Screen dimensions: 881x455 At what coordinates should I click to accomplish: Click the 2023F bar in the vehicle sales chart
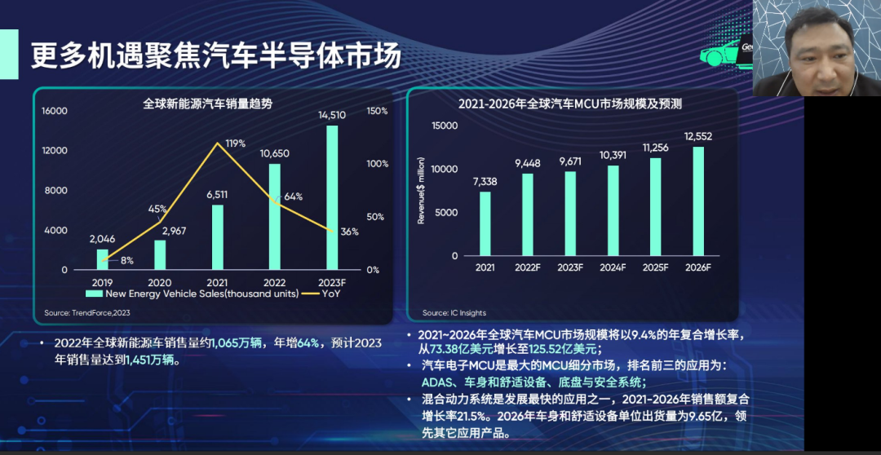point(332,197)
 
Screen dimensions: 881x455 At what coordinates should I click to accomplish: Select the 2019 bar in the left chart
point(102,259)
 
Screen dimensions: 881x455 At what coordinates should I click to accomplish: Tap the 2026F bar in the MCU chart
point(697,201)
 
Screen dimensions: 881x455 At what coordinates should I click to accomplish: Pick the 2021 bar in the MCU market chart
point(485,223)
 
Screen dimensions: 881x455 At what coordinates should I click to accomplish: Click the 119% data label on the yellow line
point(236,144)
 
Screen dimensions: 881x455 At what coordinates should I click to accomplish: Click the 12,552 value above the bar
point(698,136)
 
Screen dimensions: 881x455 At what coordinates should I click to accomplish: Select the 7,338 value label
point(485,182)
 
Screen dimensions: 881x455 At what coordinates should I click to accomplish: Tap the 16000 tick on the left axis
point(55,111)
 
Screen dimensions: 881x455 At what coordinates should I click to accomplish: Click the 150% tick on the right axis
point(377,111)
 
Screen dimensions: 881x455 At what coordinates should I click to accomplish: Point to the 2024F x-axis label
point(613,267)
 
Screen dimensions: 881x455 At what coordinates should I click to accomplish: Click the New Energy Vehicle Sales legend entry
point(193,294)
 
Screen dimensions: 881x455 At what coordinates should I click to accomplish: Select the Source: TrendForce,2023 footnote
point(87,312)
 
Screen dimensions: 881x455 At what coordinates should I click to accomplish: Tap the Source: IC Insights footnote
point(454,312)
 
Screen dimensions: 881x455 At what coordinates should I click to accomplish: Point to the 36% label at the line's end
point(349,232)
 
